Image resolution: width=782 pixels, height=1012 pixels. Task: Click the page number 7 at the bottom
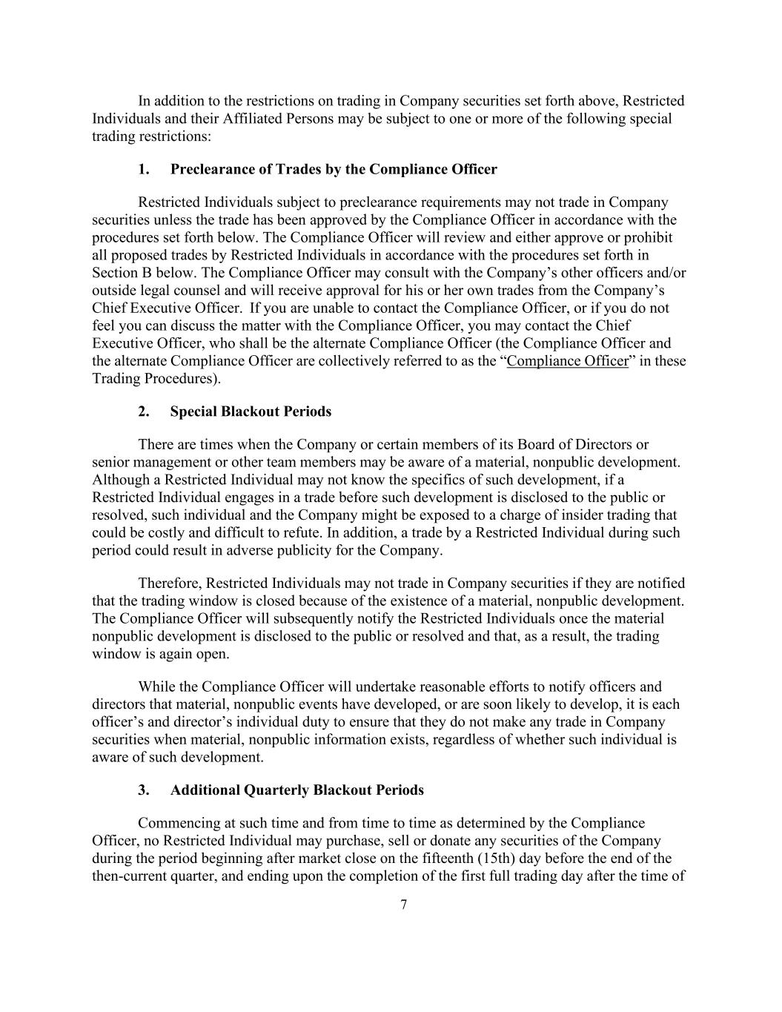click(403, 904)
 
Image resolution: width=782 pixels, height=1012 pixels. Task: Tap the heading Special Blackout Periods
click(251, 411)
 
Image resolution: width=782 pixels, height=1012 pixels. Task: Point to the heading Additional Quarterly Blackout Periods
click(296, 790)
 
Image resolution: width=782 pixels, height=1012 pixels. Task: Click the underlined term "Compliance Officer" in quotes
click(567, 361)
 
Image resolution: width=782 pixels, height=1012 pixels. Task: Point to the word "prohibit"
click(646, 237)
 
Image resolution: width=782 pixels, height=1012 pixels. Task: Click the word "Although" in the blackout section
click(119, 480)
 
